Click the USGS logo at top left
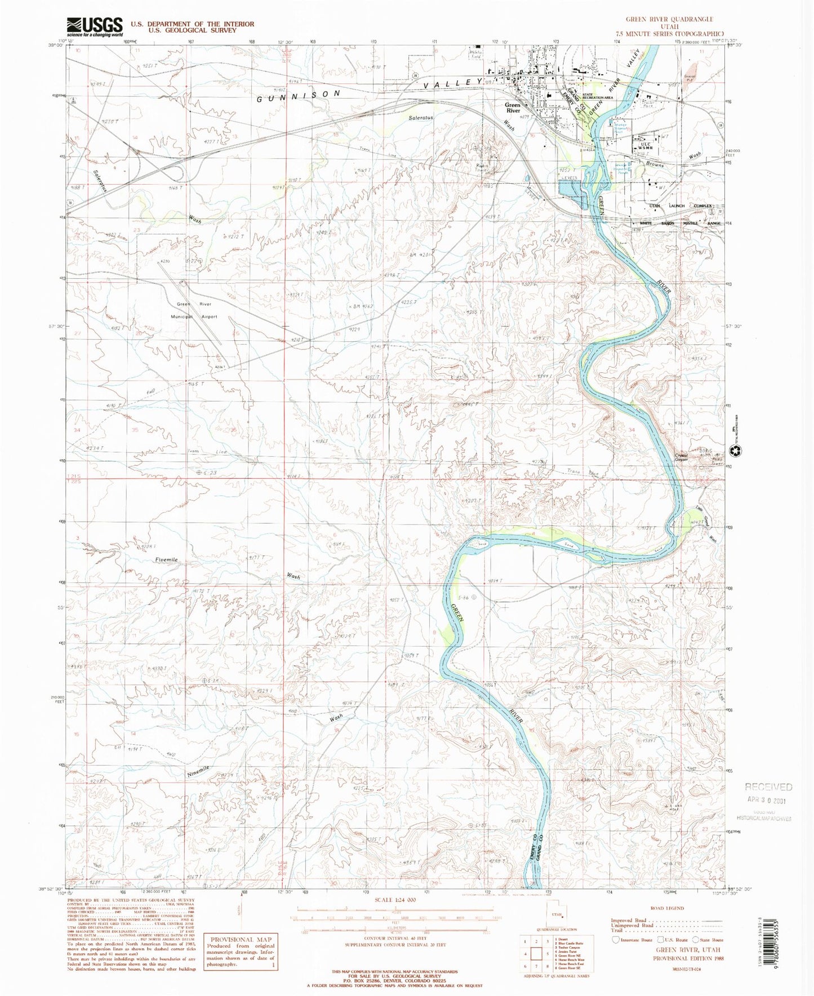click(x=94, y=26)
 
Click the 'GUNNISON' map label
click(x=299, y=96)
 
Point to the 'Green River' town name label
click(x=512, y=108)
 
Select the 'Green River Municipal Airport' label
click(x=197, y=310)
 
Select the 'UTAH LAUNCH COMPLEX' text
click(x=683, y=206)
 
